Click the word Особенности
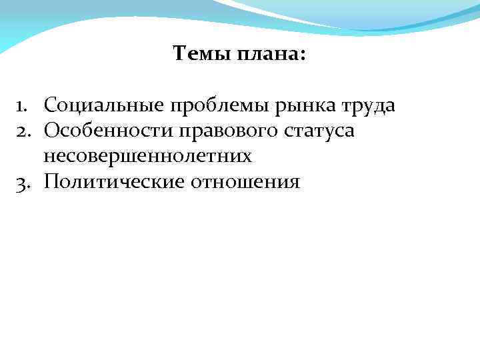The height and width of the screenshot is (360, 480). tap(107, 131)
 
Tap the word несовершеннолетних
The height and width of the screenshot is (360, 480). tap(148, 157)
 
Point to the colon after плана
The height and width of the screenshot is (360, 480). tap(304, 55)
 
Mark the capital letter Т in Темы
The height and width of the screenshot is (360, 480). tap(179, 53)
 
